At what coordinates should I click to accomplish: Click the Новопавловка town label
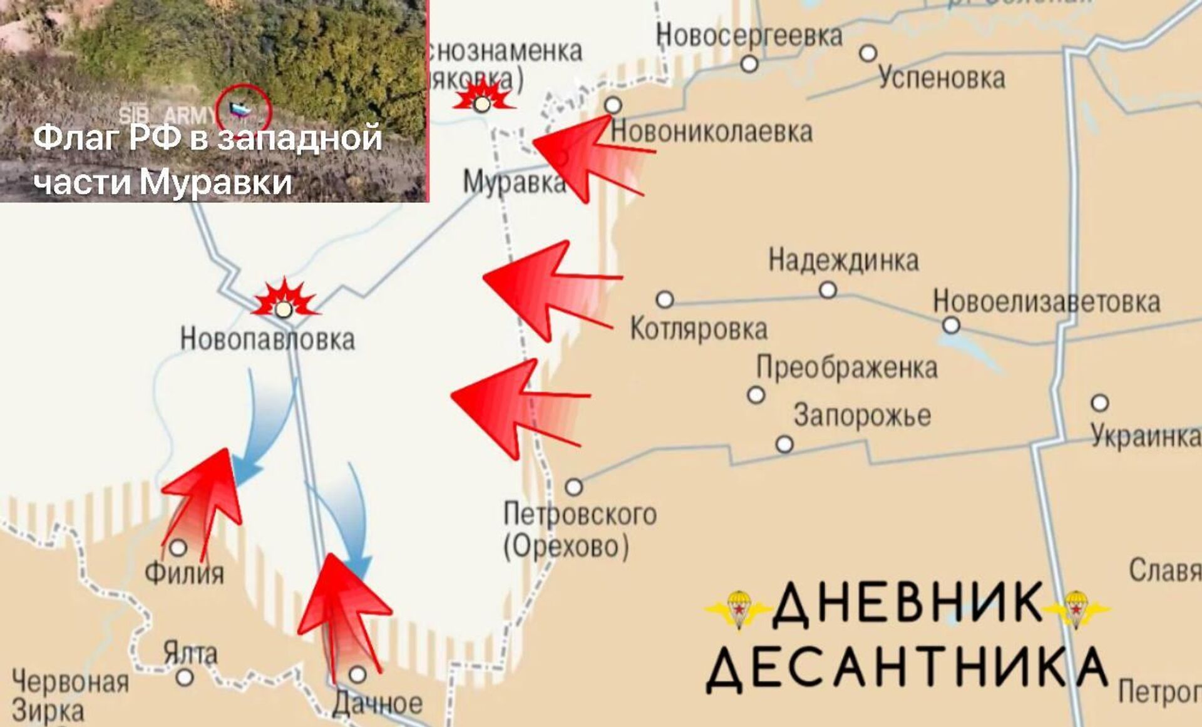[x=267, y=339]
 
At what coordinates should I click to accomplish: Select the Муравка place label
[x=514, y=182]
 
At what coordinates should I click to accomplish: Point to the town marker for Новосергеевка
[x=749, y=64]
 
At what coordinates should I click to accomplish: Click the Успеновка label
[x=942, y=78]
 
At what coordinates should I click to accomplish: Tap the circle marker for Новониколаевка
[x=614, y=105]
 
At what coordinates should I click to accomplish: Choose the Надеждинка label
[x=843, y=260]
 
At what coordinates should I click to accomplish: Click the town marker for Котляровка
[x=665, y=299]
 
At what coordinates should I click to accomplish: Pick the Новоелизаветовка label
[x=1046, y=302]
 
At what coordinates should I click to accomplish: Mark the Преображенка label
[x=847, y=368]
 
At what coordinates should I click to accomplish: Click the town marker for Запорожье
[x=784, y=445]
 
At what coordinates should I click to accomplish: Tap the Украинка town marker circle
[x=1100, y=403]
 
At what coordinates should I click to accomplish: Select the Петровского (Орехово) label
[x=579, y=530]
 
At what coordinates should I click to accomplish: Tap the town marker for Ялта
[x=185, y=677]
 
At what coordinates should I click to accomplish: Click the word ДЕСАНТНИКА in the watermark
[x=906, y=669]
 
